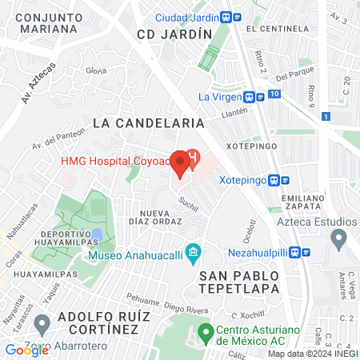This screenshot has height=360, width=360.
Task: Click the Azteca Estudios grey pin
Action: click(x=338, y=238)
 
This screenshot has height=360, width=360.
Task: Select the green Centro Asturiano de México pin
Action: click(x=205, y=331)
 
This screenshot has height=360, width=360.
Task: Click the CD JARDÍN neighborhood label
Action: click(x=174, y=34)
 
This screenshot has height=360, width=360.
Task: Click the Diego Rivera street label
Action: click(x=186, y=305)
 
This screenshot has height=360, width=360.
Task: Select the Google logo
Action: click(x=26, y=350)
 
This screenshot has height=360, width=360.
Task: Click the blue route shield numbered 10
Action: click(x=274, y=94)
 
